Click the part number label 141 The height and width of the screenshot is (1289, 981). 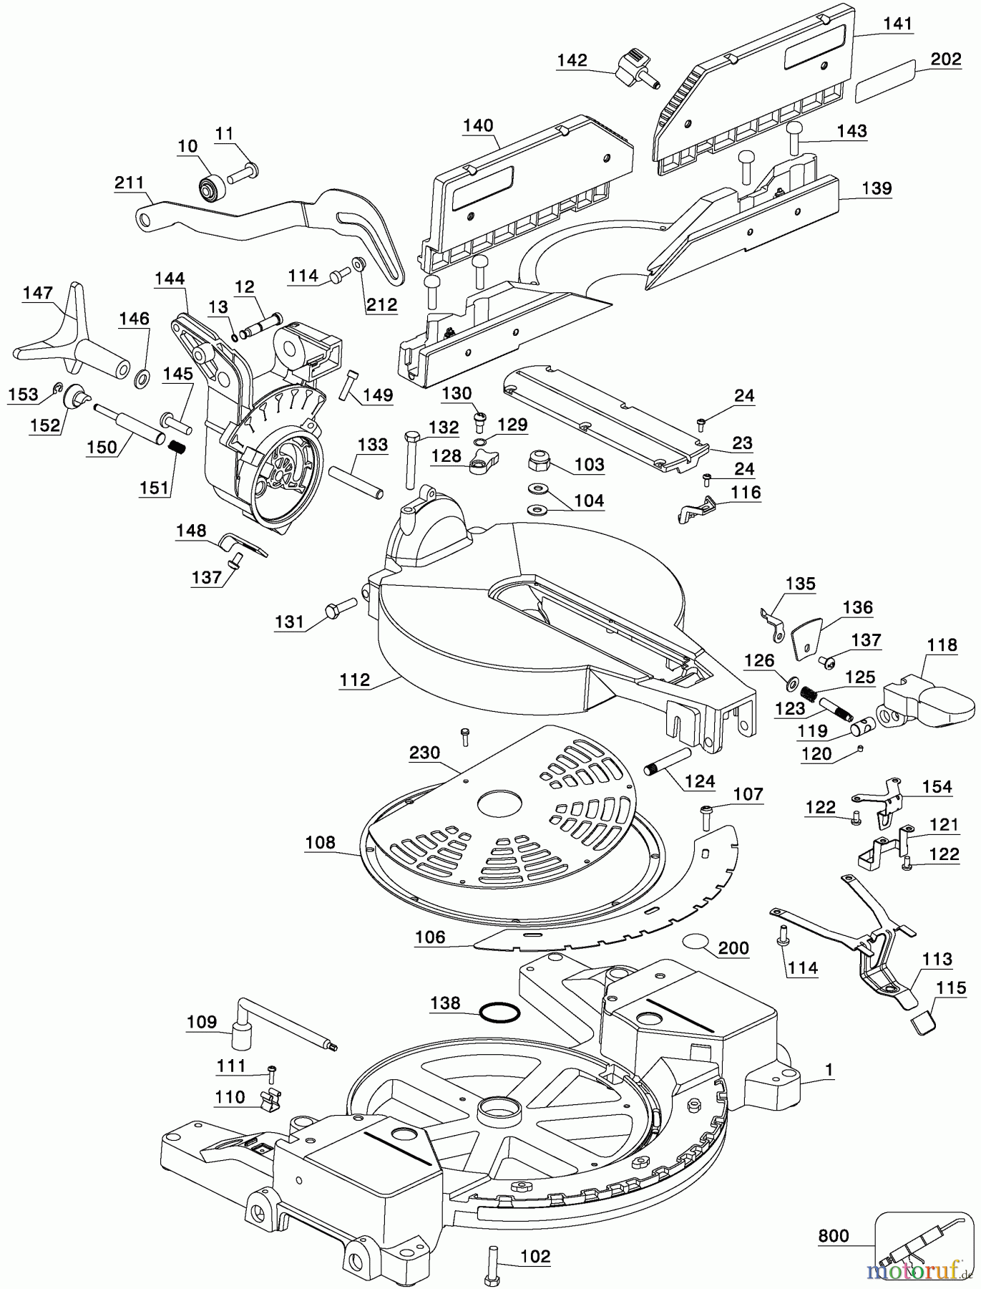pyautogui.click(x=897, y=24)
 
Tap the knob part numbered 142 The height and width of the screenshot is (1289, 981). pyautogui.click(x=634, y=66)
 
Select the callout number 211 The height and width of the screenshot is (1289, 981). pyautogui.click(x=129, y=183)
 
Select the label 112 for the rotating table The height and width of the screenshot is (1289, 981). pyautogui.click(x=356, y=680)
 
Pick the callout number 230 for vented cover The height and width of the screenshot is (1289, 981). pyautogui.click(x=424, y=753)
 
